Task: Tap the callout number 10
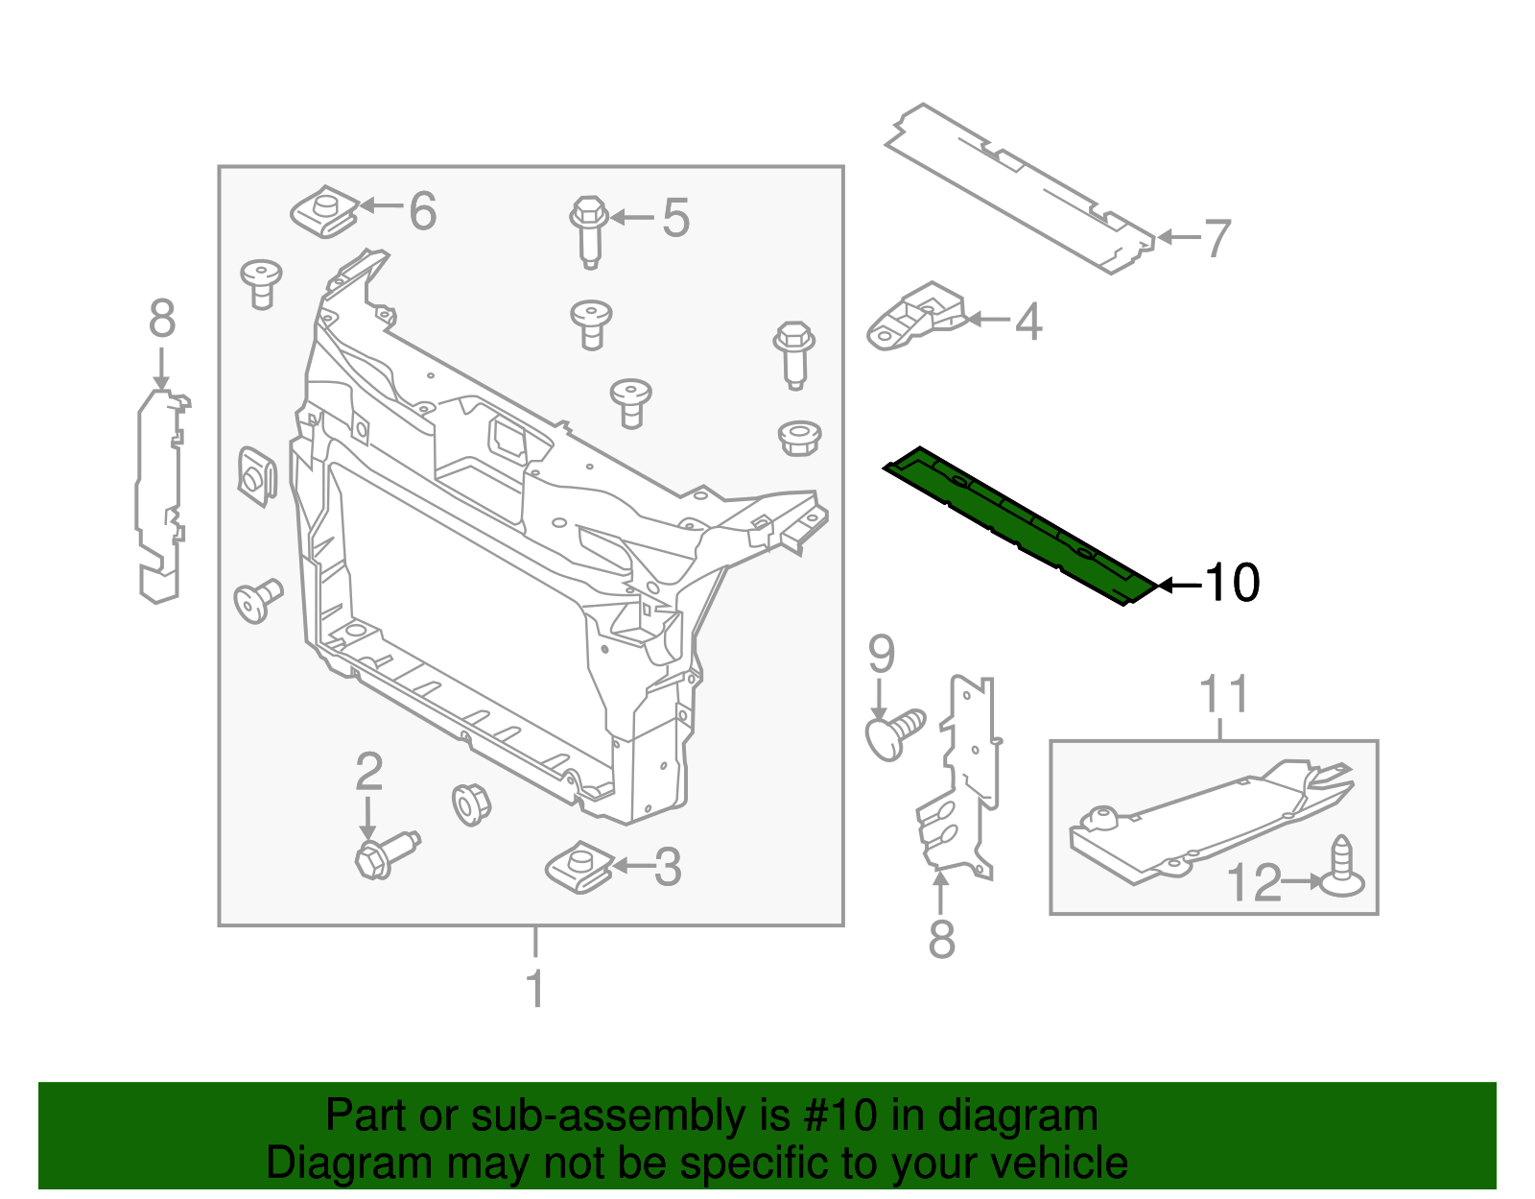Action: (x=1231, y=583)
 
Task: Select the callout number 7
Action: (x=1216, y=238)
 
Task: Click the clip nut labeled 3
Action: (x=579, y=867)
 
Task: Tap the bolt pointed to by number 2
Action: (x=384, y=853)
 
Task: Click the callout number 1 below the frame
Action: (x=535, y=988)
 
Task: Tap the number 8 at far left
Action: (x=162, y=319)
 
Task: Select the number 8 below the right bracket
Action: (x=941, y=939)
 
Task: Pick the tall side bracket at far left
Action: (x=159, y=494)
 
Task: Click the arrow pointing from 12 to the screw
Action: (x=1303, y=880)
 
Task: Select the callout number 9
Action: (x=881, y=655)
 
